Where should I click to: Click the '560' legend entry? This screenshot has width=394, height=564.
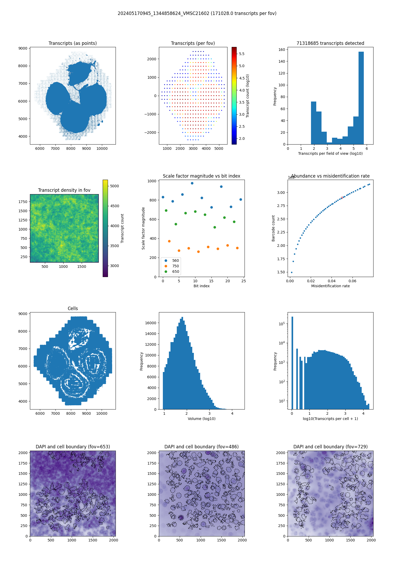pyautogui.click(x=175, y=260)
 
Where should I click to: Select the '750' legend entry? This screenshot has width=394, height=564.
pyautogui.click(x=175, y=266)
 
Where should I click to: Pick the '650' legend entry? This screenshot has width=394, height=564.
pyautogui.click(x=175, y=272)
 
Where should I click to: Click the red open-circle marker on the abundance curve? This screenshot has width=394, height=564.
pyautogui.click(x=342, y=198)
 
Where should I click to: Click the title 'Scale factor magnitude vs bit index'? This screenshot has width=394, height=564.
pyautogui.click(x=201, y=176)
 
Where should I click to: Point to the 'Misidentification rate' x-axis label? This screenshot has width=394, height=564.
pyautogui.click(x=330, y=286)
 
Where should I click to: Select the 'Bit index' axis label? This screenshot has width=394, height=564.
pyautogui.click(x=201, y=286)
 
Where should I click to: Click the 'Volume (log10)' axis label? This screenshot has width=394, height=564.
pyautogui.click(x=201, y=419)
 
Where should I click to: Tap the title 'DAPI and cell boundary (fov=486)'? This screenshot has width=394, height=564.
pyautogui.click(x=201, y=447)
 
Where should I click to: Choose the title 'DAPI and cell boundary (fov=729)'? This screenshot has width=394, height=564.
pyautogui.click(x=330, y=447)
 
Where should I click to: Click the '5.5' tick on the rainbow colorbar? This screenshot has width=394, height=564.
pyautogui.click(x=242, y=54)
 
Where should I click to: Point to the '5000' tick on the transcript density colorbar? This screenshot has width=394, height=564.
pyautogui.click(x=114, y=186)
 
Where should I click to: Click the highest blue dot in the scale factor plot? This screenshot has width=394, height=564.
pyautogui.click(x=192, y=183)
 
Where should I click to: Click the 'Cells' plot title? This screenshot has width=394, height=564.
pyautogui.click(x=73, y=308)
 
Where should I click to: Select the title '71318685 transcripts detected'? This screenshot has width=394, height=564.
pyautogui.click(x=330, y=43)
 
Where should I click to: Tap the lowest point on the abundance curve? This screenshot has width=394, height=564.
pyautogui.click(x=292, y=272)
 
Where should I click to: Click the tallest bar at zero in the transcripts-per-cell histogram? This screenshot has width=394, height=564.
pyautogui.click(x=292, y=362)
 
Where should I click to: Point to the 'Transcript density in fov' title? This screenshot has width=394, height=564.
pyautogui.click(x=64, y=190)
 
